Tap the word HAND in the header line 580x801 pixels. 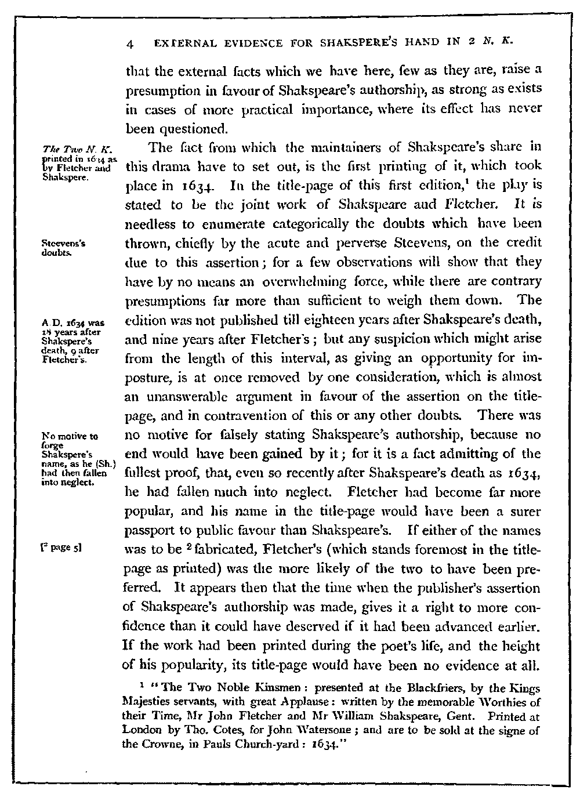click(x=436, y=44)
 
